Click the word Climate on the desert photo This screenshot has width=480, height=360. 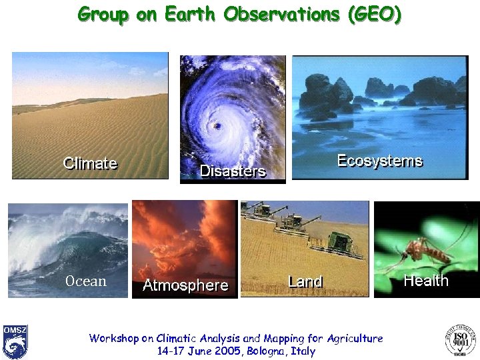[90, 163]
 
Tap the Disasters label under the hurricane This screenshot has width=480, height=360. [233, 171]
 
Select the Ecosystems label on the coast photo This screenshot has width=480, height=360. [379, 161]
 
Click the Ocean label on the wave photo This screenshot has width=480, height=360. [85, 281]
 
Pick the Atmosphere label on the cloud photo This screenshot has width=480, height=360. [185, 286]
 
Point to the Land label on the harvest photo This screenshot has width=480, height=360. [305, 281]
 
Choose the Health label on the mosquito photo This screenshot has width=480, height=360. [425, 281]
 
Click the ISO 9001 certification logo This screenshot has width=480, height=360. [460, 340]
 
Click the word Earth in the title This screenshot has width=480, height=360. [189, 14]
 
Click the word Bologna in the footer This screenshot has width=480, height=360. [266, 351]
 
